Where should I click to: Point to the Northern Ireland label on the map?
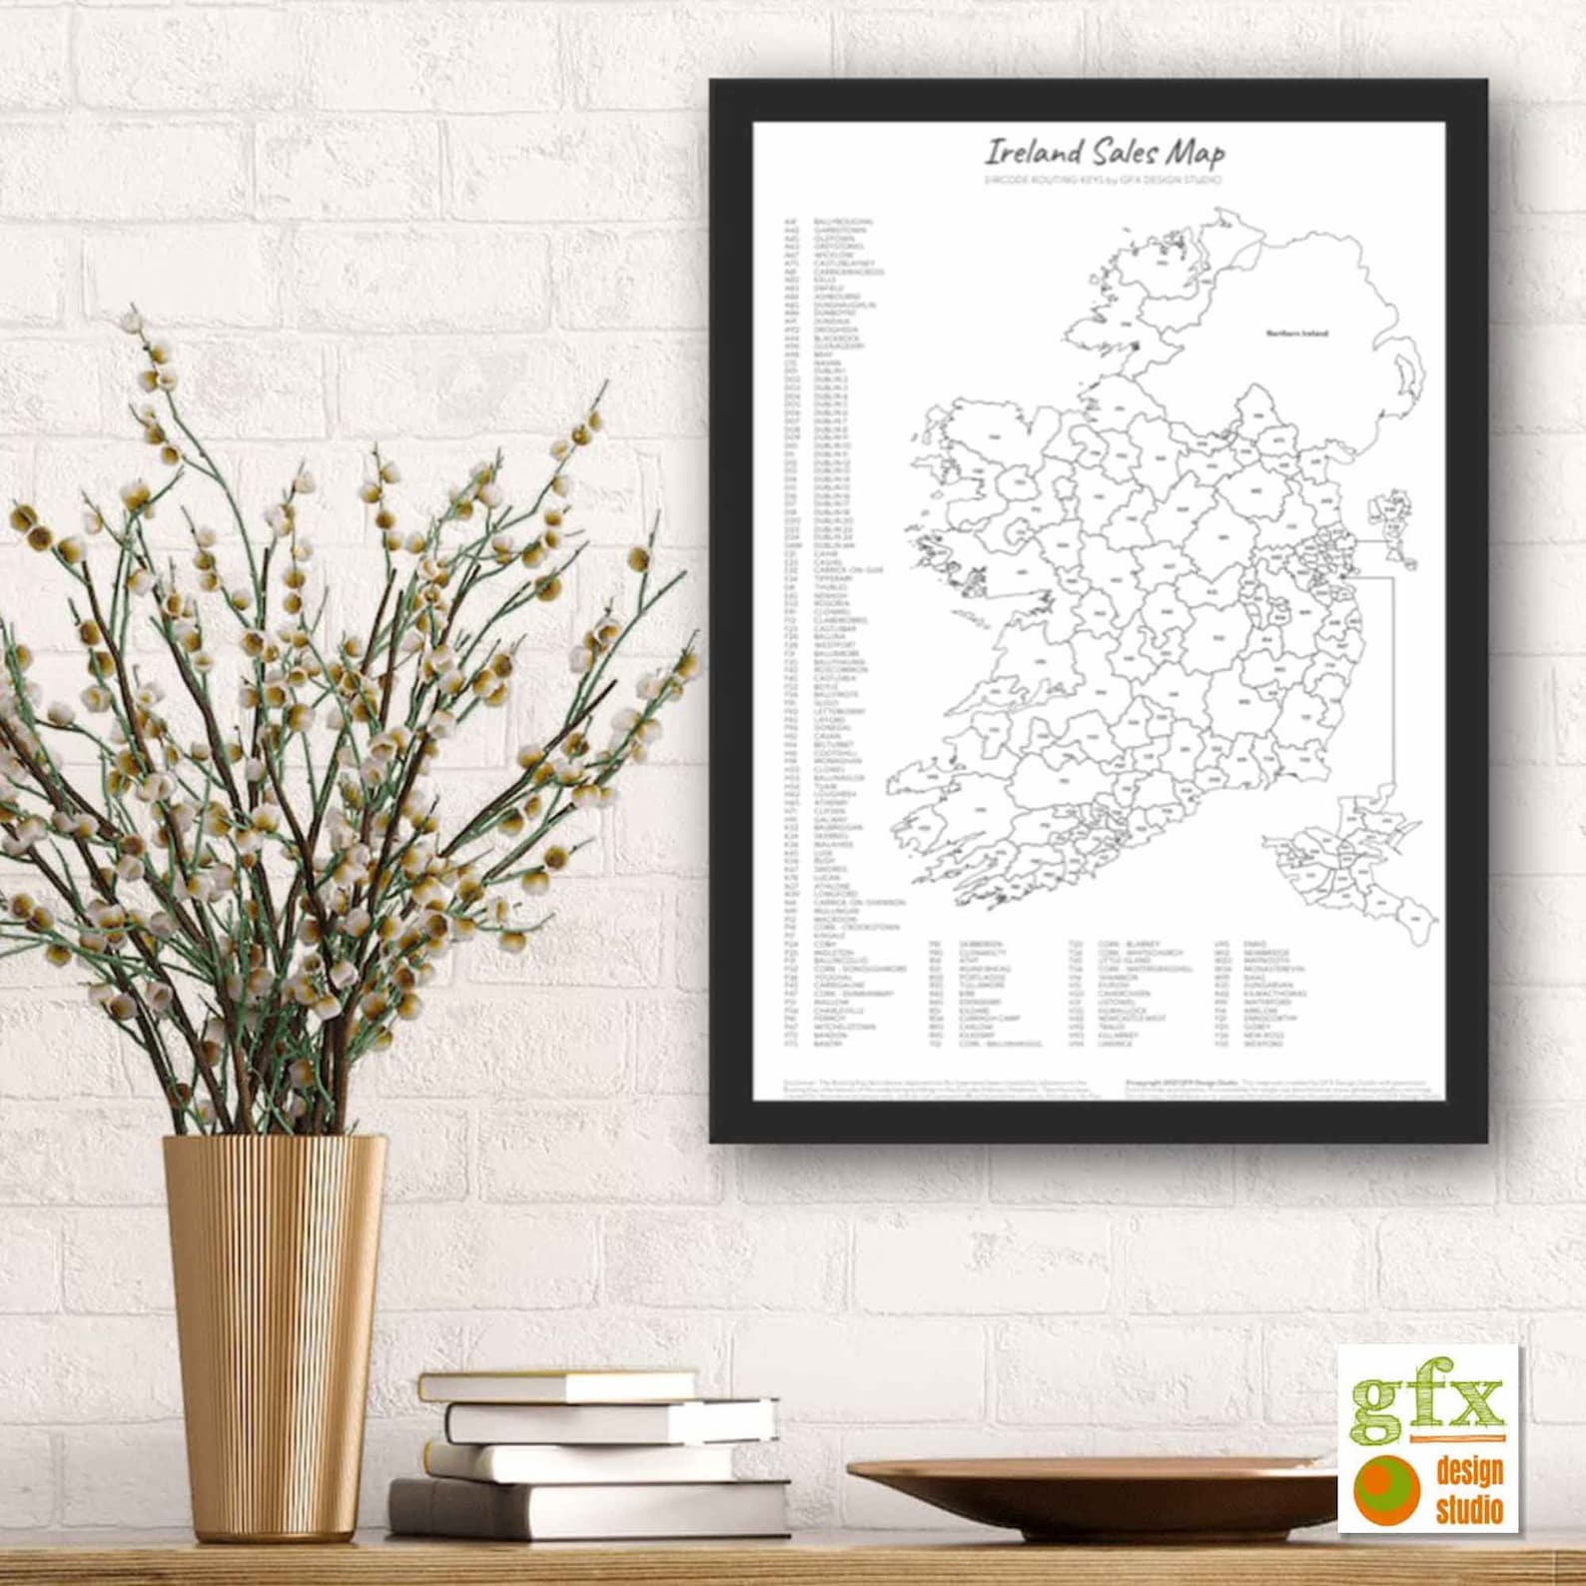click(1297, 333)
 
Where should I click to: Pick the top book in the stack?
click(557, 1386)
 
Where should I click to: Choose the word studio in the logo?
click(1469, 1508)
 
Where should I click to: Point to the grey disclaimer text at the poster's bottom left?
click(935, 1087)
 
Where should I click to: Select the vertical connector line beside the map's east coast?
click(1392, 679)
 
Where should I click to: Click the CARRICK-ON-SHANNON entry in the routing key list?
click(858, 902)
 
